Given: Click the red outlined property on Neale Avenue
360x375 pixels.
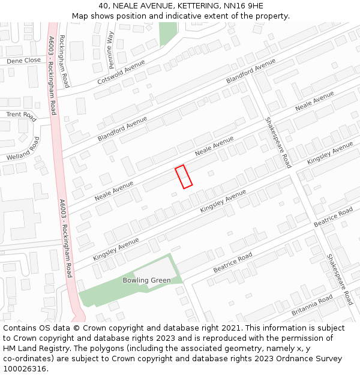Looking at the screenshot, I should click(x=184, y=176).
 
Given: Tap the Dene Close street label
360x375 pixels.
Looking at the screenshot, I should click(x=23, y=61).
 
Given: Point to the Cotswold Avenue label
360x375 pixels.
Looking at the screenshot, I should click(x=121, y=72).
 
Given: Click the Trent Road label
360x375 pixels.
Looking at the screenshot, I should click(x=21, y=115).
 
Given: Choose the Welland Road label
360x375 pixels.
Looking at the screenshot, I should click(x=23, y=149).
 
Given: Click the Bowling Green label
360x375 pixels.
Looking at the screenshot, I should click(x=146, y=280).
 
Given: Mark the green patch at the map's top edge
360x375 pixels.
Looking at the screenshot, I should click(x=168, y=34).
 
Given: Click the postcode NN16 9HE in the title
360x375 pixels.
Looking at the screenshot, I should click(x=242, y=6).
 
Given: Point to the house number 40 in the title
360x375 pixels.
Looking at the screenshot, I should click(x=103, y=6).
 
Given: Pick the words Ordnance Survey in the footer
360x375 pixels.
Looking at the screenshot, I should click(x=311, y=359).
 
